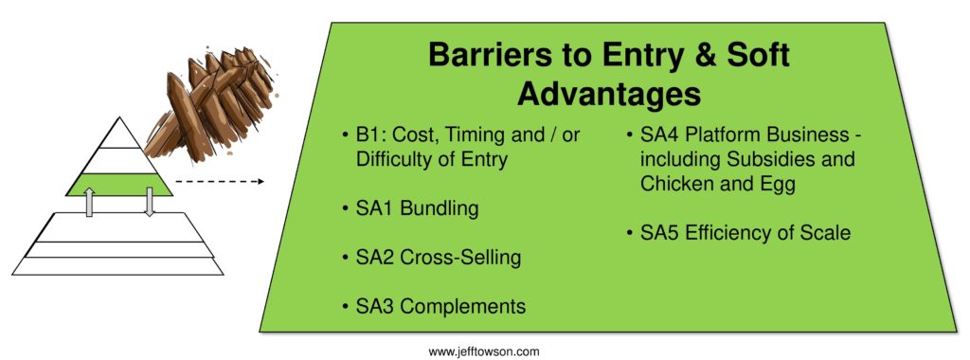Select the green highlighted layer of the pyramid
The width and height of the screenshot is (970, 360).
(119, 182)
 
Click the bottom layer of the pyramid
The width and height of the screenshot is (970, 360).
(117, 265)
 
